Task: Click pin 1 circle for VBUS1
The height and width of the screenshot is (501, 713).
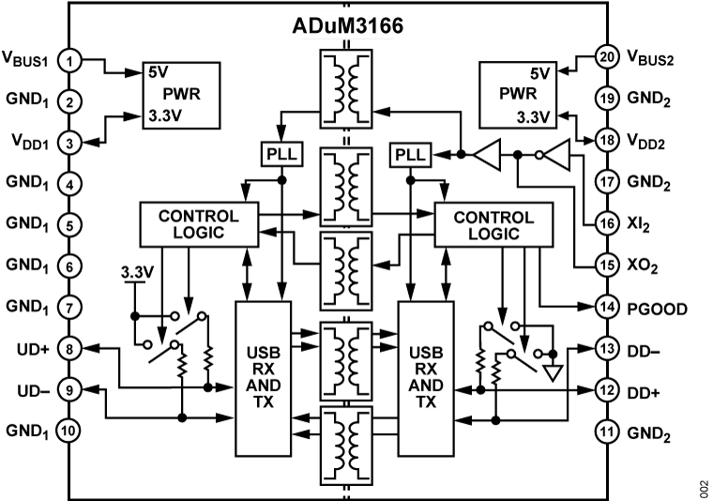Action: [x=70, y=61]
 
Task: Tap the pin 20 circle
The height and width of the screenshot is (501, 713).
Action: [x=605, y=58]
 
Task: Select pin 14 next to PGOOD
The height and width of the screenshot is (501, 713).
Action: [x=605, y=307]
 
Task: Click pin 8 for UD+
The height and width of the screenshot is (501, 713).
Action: [x=70, y=349]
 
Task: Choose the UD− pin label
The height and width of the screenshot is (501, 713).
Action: [x=33, y=389]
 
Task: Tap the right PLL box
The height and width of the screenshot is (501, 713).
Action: [x=409, y=153]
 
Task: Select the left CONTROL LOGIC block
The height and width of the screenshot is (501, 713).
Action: [x=198, y=223]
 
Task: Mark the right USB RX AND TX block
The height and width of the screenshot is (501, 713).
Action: [x=427, y=375]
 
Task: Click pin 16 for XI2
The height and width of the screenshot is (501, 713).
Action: [x=605, y=225]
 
